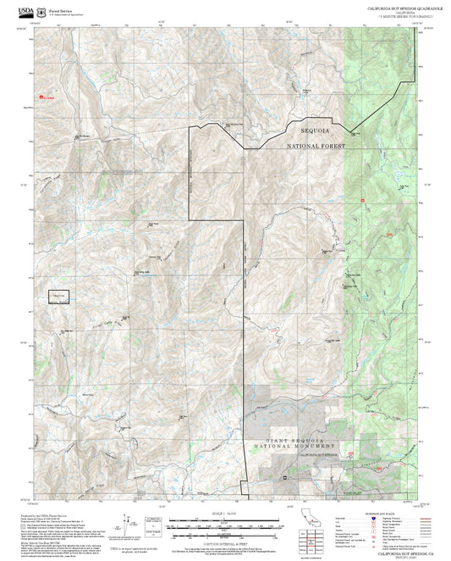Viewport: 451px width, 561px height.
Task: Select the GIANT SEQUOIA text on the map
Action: click(x=294, y=441)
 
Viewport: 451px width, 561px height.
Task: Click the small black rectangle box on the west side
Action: click(x=58, y=296)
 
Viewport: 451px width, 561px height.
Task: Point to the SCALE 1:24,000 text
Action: click(x=225, y=512)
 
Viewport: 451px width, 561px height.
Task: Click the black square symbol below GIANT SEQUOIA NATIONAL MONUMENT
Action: click(x=285, y=476)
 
